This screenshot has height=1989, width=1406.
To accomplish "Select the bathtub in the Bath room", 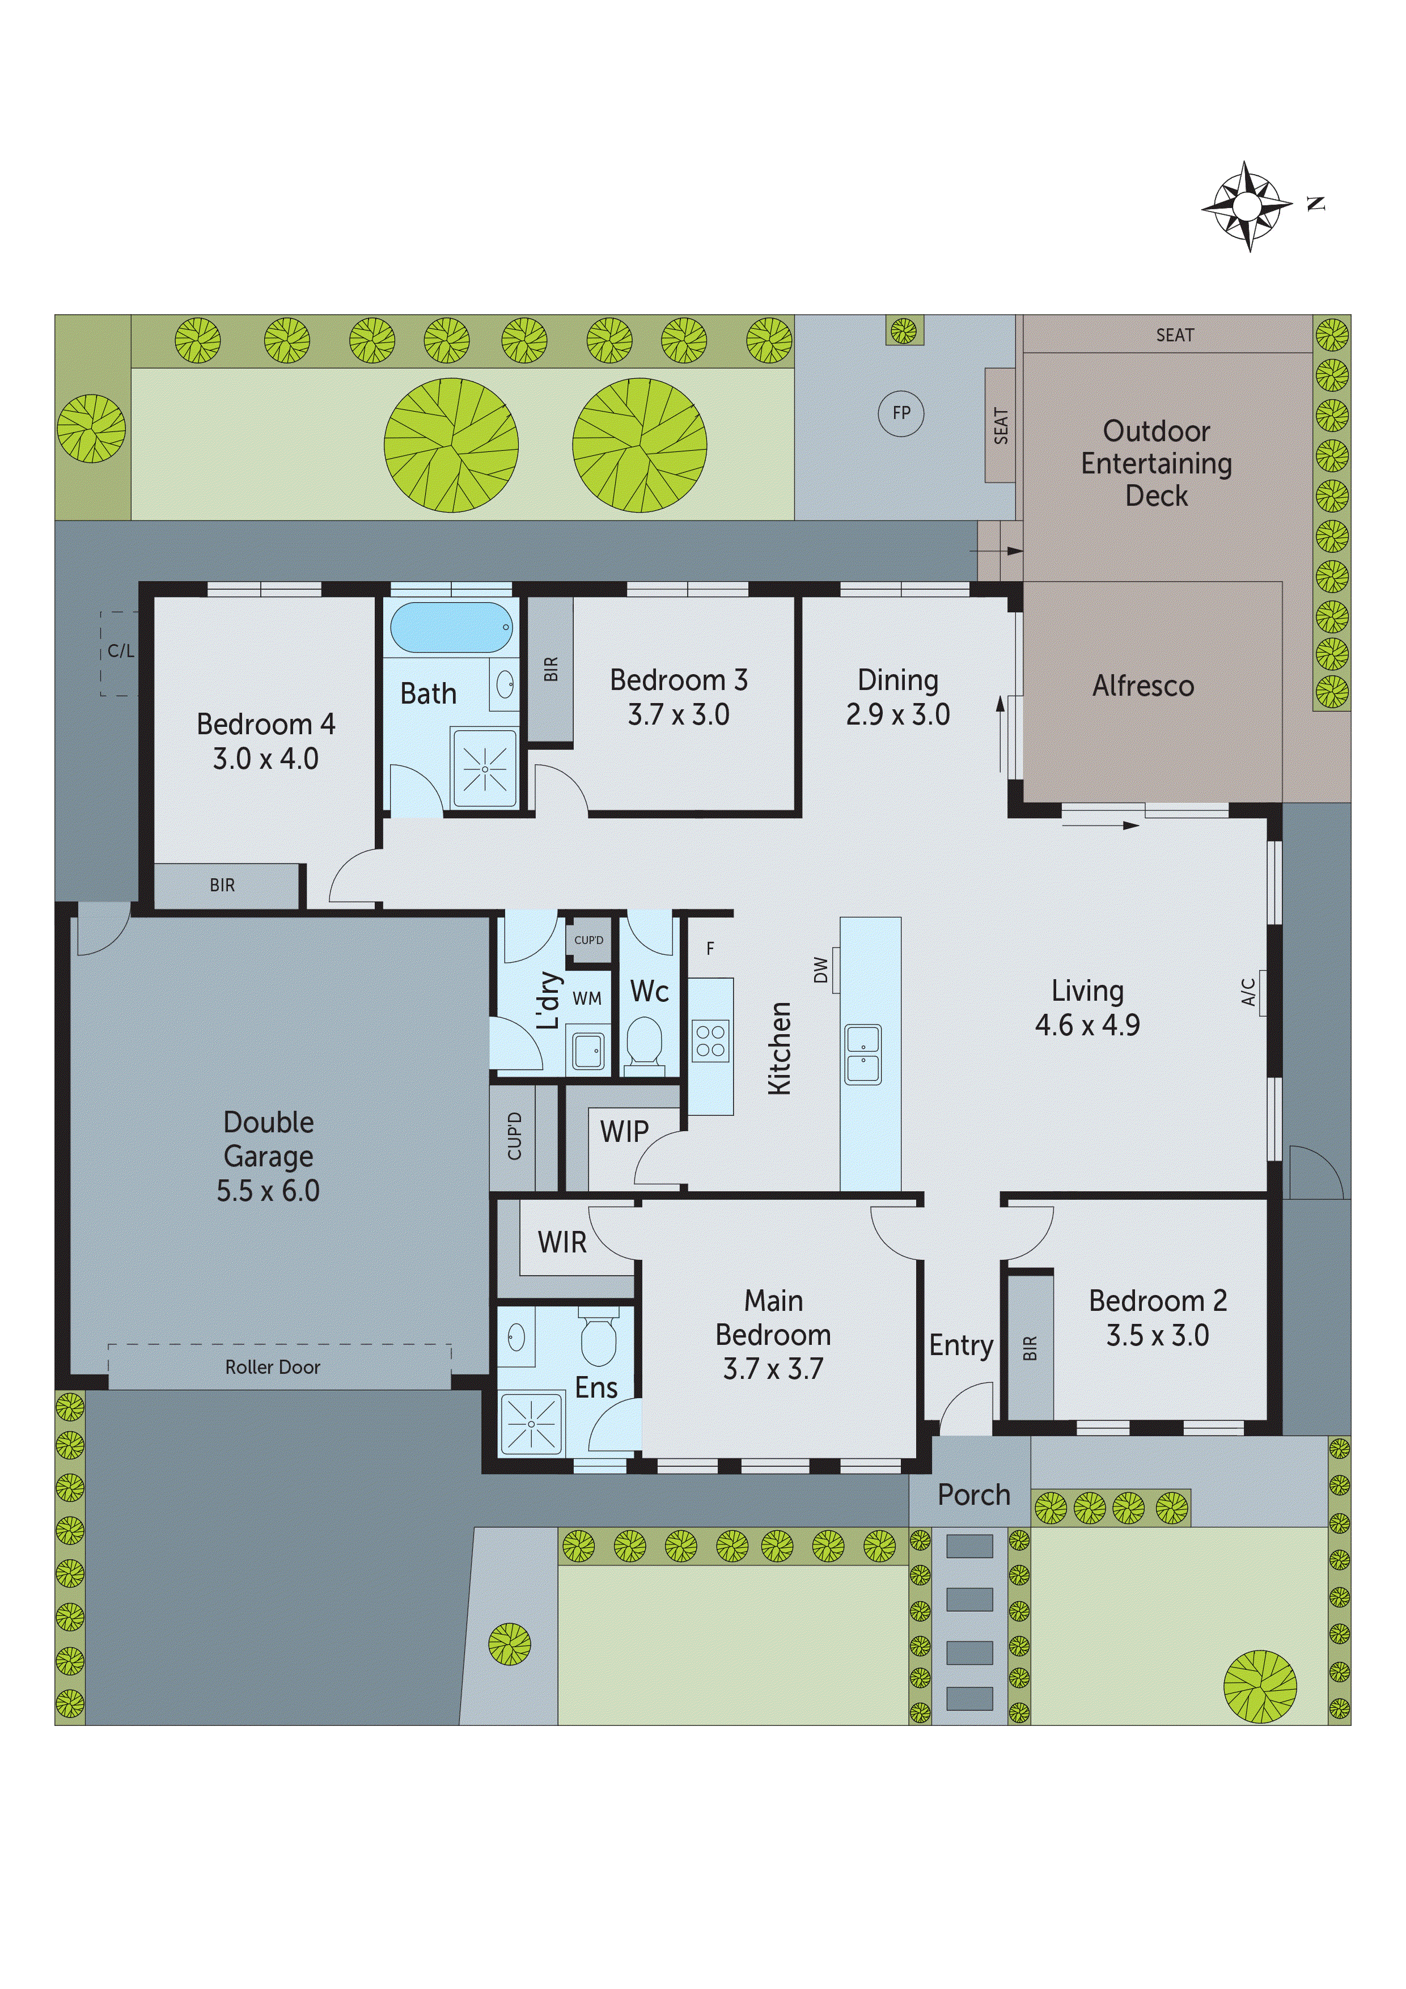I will coord(451,627).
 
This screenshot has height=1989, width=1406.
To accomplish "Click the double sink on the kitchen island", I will coord(863,1054).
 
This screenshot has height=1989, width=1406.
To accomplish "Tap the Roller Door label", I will coord(272,1367).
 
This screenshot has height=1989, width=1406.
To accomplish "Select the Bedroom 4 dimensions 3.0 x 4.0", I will coord(265,759).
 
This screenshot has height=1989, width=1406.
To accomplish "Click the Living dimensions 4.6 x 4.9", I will coord(1087,1025).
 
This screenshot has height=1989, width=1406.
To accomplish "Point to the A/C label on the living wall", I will coord(1248,992).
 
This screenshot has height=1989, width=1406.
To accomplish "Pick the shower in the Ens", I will coord(530,1424).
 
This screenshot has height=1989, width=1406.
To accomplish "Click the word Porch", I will coord(974,1495).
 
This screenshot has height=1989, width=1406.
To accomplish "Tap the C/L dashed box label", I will coord(120,650).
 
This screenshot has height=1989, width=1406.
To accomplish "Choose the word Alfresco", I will coord(1142,686).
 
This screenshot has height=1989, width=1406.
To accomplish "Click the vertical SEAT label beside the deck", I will coord(1001,425).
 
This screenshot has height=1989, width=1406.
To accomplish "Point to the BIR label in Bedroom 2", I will coord(1029,1348).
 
